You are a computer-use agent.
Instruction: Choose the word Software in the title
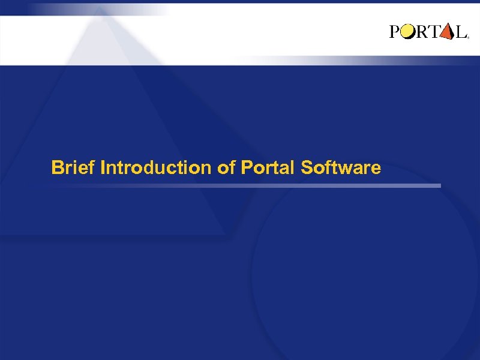(x=340, y=167)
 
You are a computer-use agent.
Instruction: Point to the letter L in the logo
(x=460, y=32)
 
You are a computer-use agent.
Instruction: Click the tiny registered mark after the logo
(x=467, y=37)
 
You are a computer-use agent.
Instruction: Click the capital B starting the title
(x=57, y=167)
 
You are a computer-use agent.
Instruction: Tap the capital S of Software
(x=307, y=167)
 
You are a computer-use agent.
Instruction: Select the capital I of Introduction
(x=103, y=167)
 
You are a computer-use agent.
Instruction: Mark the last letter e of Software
(x=376, y=169)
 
